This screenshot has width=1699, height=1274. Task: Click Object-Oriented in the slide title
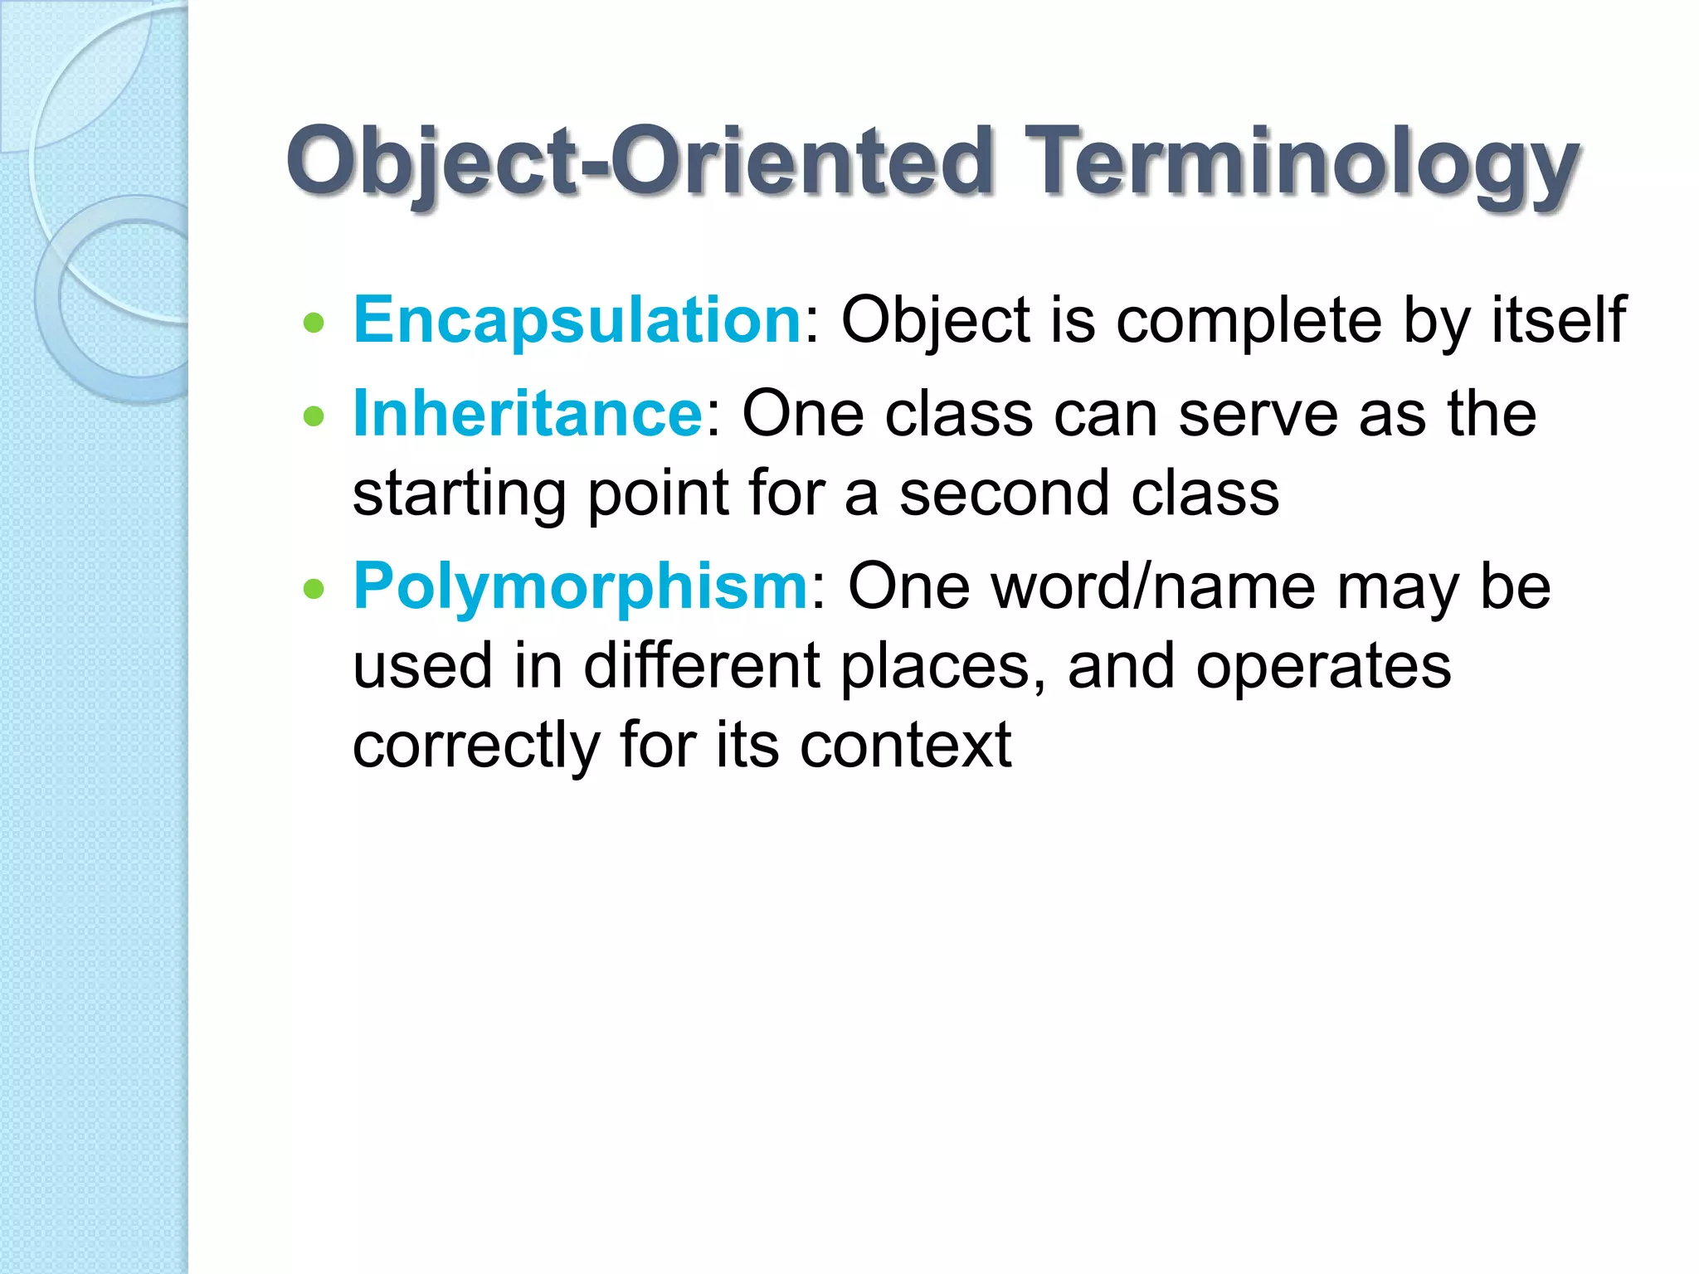click(639, 162)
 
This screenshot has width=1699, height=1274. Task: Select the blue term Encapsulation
click(577, 320)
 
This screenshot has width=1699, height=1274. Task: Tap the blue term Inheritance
click(528, 413)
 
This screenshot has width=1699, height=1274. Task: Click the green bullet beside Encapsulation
click(314, 323)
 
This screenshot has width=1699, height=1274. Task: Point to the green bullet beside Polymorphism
click(314, 590)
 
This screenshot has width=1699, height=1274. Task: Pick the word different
click(702, 665)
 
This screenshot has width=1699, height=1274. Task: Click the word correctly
click(475, 746)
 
